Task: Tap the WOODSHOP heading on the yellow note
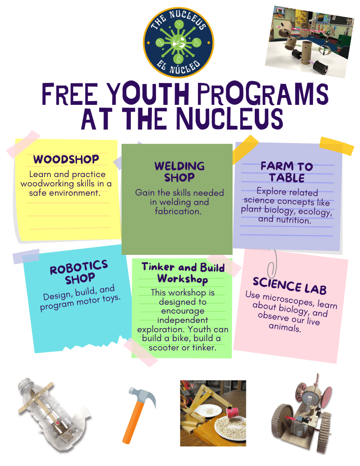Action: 66,159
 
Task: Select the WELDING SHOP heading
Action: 179,171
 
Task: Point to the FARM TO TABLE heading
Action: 287,172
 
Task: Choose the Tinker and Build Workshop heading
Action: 183,273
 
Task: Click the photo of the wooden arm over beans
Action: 213,413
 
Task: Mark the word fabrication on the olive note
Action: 178,211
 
